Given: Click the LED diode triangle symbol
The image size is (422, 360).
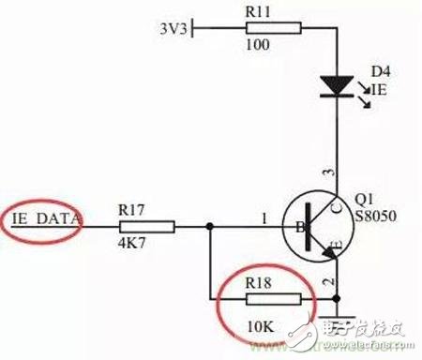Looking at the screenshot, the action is [334, 86].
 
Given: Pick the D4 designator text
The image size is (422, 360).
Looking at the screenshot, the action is [380, 72].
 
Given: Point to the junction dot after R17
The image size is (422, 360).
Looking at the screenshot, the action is [208, 226].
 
